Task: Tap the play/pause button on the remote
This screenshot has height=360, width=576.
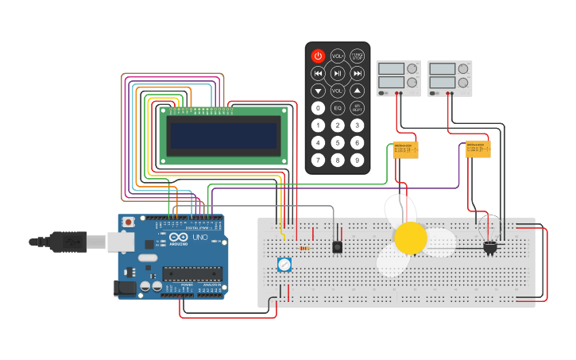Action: tap(338, 73)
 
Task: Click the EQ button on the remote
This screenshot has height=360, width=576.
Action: tap(338, 107)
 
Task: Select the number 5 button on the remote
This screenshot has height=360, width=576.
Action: tap(338, 143)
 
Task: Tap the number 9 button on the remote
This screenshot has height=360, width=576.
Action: tap(358, 161)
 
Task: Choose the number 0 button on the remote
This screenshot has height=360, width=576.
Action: tap(318, 107)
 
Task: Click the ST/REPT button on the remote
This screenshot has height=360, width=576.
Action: tap(358, 107)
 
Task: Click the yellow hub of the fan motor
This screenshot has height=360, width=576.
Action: tap(411, 238)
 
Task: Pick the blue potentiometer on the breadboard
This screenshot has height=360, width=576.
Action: tap(284, 265)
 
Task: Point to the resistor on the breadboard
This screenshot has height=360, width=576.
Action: tap(305, 248)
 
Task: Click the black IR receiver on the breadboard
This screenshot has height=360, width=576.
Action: tap(338, 247)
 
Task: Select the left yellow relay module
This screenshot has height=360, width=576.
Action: tap(406, 149)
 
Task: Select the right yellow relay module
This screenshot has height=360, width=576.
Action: tap(478, 149)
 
